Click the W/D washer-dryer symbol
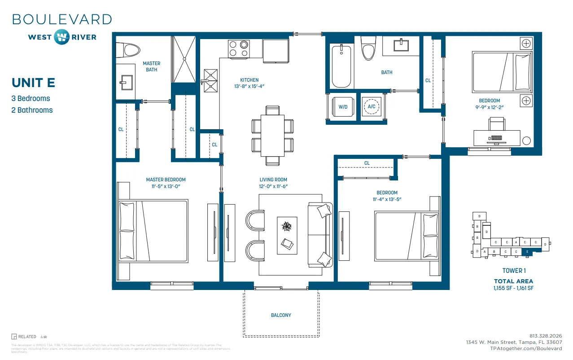tap(343, 107)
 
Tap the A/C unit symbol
tap(372, 107)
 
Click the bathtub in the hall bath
tap(341, 66)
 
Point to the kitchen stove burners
tap(239, 48)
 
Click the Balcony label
tap(281, 315)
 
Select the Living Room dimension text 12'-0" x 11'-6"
tap(273, 186)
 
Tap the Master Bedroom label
tap(166, 180)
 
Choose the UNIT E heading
tap(33, 83)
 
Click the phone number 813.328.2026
tap(546, 336)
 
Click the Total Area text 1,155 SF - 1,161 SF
tap(513, 288)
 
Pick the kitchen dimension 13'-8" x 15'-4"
tap(249, 86)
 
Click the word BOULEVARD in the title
tap(62, 19)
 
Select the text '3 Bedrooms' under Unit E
tap(31, 98)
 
